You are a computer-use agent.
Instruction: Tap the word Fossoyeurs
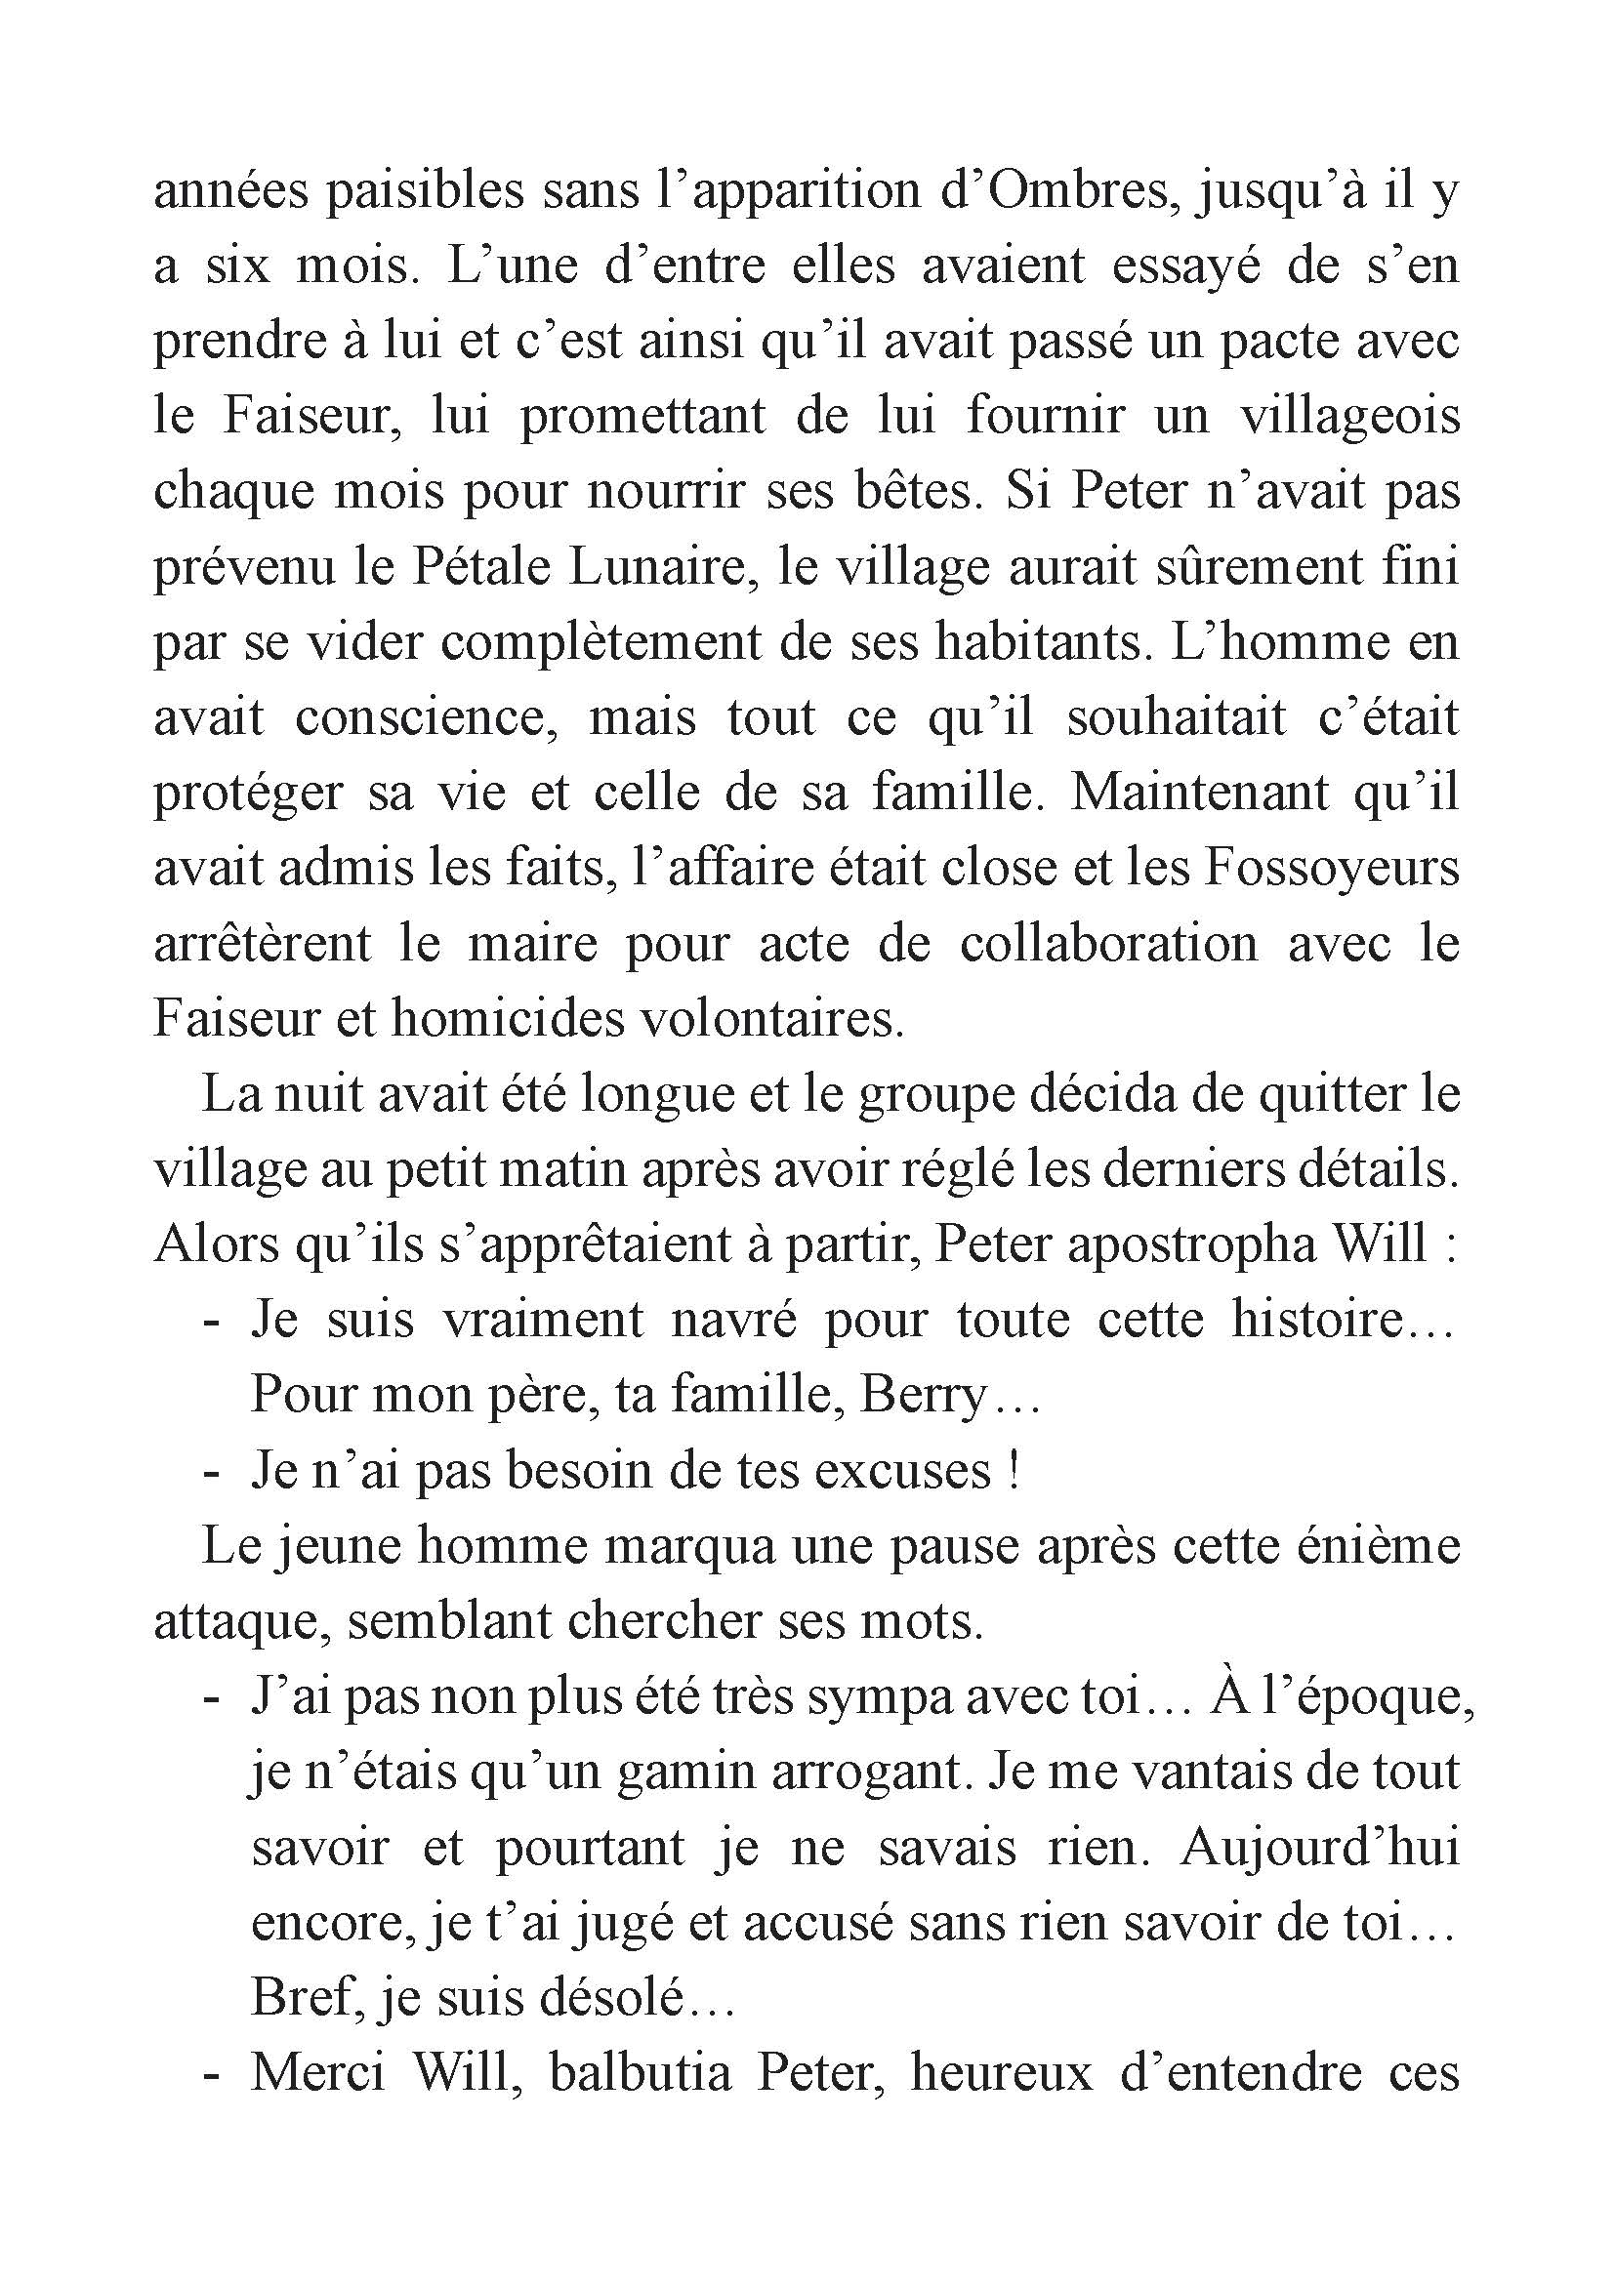(1332, 868)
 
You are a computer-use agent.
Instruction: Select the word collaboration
(1109, 943)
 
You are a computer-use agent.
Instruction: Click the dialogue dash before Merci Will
(210, 2075)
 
